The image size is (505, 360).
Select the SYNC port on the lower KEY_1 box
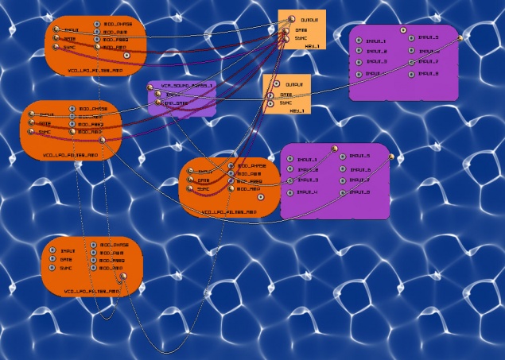pyautogui.click(x=271, y=103)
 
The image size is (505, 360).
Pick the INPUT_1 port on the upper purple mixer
pyautogui.click(x=359, y=41)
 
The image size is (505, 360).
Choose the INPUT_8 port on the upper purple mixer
pyautogui.click(x=412, y=73)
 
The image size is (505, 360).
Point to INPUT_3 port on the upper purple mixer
pyautogui.click(x=359, y=62)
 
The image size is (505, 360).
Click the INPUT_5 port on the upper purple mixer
pyautogui.click(x=412, y=37)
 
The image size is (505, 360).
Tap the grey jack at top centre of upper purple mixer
pyautogui.click(x=403, y=30)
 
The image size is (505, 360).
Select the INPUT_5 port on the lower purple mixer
pyautogui.click(x=343, y=157)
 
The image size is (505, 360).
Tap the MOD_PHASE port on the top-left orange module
pyautogui.click(x=97, y=25)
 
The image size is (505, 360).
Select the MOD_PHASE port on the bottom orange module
pyautogui.click(x=94, y=245)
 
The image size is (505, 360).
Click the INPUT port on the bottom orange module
pyautogui.click(x=52, y=250)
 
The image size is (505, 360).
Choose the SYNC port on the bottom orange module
pyautogui.click(x=52, y=268)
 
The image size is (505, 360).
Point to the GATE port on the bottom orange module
pyautogui.click(x=52, y=259)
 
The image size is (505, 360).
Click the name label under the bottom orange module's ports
pyautogui.click(x=91, y=292)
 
